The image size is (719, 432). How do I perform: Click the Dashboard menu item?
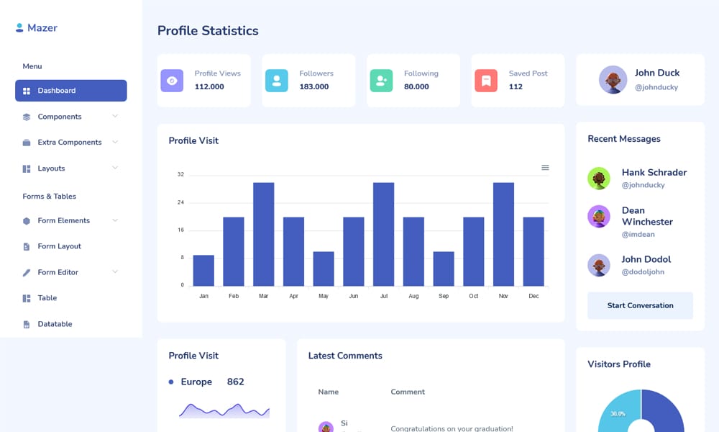[x=70, y=91]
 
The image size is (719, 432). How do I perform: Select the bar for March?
[x=263, y=234]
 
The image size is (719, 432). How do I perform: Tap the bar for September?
[x=444, y=269]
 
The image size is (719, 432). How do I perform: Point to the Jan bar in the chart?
[x=203, y=270]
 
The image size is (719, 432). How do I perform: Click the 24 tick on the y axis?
[x=180, y=202]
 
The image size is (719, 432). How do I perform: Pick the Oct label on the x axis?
[x=473, y=296]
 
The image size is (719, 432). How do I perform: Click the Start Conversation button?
[x=640, y=305]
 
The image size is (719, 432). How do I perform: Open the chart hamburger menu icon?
[x=545, y=168]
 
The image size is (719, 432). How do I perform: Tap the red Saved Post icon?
[x=486, y=81]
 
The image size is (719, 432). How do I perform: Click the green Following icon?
[x=381, y=81]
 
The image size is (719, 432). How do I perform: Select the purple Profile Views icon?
[x=172, y=81]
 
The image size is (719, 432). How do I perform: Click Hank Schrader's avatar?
[x=599, y=178]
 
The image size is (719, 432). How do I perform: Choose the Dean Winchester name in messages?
[x=647, y=216]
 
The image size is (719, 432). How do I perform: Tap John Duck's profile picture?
[x=613, y=80]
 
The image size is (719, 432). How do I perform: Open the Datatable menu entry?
[x=55, y=324]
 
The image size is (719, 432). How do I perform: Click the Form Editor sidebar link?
[x=58, y=272]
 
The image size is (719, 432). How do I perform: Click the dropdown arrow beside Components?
[x=115, y=116]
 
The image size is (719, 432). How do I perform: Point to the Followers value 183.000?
[x=314, y=86]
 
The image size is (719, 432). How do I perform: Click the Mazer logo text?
[x=42, y=28]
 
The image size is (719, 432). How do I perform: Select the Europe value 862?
[x=235, y=382]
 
